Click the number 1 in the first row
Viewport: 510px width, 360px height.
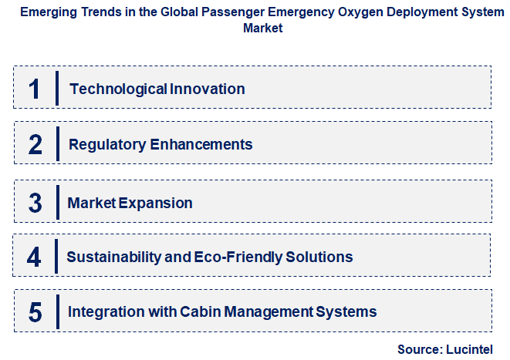tap(33, 89)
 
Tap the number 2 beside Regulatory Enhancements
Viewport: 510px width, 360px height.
tap(35, 144)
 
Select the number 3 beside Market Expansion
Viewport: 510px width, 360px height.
tap(35, 203)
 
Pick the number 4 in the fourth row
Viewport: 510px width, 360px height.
tap(34, 257)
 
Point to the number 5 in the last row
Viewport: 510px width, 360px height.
tap(35, 312)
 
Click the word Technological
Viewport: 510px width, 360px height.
tap(113, 89)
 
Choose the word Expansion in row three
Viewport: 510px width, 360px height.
tap(157, 203)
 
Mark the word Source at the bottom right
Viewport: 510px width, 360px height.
tap(419, 349)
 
